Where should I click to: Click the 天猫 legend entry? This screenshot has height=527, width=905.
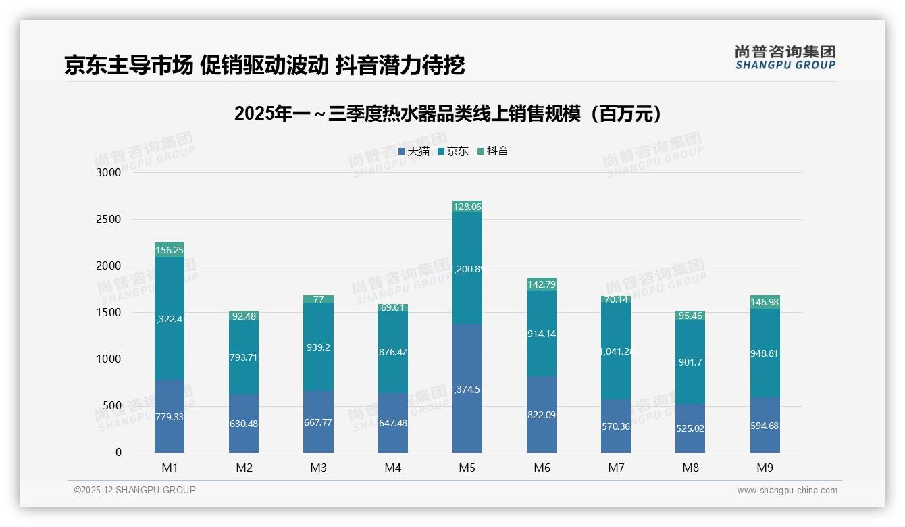414,151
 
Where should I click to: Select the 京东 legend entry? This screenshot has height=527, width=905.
453,151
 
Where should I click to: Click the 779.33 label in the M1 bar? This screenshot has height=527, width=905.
169,417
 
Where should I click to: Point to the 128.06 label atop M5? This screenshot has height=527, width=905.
467,207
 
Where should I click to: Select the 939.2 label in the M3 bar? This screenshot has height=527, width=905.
318,347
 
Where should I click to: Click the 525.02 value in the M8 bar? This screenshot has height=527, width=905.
690,428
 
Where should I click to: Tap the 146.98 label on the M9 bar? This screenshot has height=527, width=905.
765,302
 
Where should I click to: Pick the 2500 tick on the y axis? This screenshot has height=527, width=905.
109,220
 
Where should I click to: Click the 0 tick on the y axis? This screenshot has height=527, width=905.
118,453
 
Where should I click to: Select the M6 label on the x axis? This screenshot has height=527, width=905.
542,468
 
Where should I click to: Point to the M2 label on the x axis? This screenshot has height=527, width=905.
244,468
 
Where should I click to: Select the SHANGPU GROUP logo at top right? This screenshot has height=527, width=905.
785,57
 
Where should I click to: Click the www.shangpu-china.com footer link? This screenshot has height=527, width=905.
787,491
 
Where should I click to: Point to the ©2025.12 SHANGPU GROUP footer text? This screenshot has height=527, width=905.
135,490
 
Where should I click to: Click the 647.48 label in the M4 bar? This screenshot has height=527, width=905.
392,423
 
